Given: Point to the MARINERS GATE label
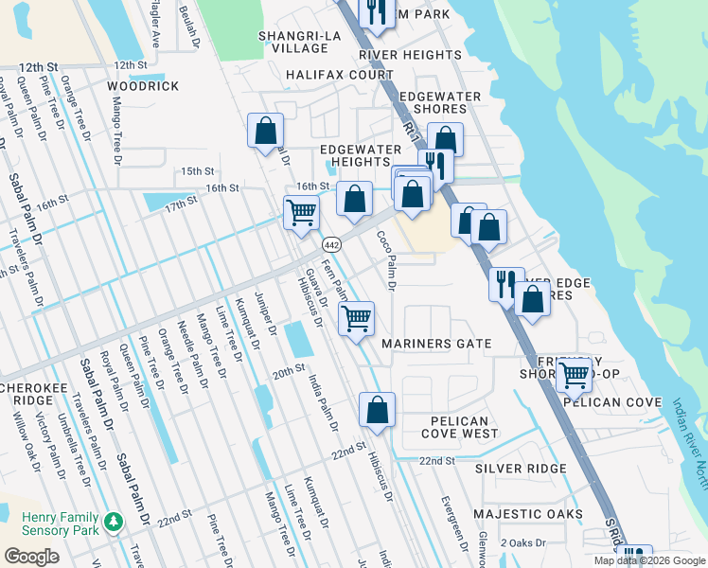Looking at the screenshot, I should click(436, 344).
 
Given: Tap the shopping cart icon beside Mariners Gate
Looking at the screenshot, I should click(356, 318).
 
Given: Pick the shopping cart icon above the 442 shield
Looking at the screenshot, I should click(301, 211).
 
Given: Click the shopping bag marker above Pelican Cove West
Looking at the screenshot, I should click(377, 409).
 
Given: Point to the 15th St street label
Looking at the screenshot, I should click(199, 171).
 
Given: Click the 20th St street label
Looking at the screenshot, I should click(290, 368).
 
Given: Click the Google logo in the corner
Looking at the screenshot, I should click(32, 557).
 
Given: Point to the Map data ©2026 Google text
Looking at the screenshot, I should click(649, 560).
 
